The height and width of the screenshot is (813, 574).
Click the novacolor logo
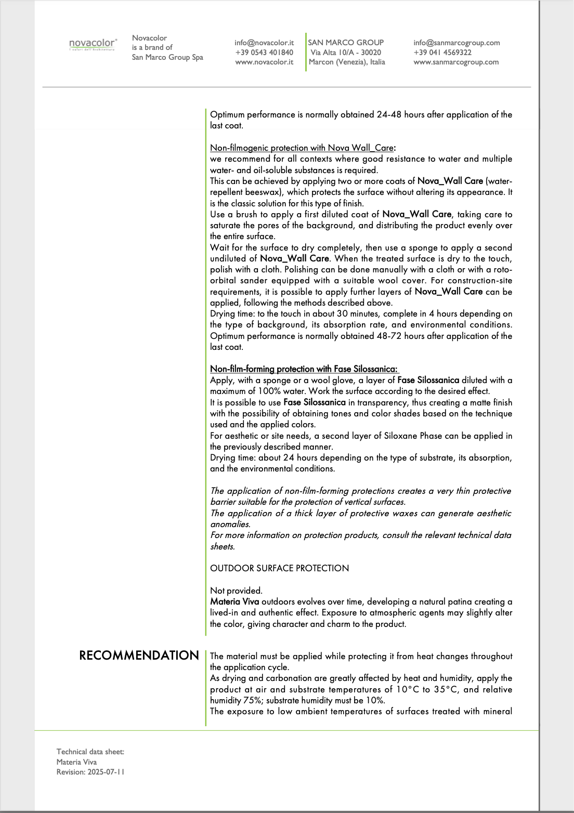pyautogui.click(x=93, y=44)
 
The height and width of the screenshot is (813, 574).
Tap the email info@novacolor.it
pyautogui.click(x=264, y=43)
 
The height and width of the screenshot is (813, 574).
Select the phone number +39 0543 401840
pyautogui.click(x=264, y=53)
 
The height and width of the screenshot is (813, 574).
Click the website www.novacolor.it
pyautogui.click(x=264, y=62)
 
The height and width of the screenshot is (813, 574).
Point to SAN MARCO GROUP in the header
pyautogui.click(x=346, y=43)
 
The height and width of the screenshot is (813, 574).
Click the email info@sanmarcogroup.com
pyautogui.click(x=456, y=43)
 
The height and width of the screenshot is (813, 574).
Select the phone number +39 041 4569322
pyautogui.click(x=442, y=53)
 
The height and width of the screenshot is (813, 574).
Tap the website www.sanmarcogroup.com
pyautogui.click(x=456, y=62)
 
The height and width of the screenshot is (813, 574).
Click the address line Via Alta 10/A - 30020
pyautogui.click(x=346, y=53)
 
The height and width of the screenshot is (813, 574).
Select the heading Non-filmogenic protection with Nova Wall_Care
pyautogui.click(x=303, y=148)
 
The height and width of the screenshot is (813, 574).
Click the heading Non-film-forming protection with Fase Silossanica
pyautogui.click(x=304, y=369)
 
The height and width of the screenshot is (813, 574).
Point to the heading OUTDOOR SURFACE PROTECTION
pyautogui.click(x=279, y=568)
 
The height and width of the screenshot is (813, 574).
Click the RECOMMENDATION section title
pyautogui.click(x=139, y=655)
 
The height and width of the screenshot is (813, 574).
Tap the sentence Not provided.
pyautogui.click(x=236, y=591)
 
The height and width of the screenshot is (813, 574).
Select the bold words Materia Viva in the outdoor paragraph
pyautogui.click(x=234, y=601)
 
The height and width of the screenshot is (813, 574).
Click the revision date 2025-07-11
pyautogui.click(x=106, y=772)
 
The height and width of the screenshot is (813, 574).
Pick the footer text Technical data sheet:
pyautogui.click(x=90, y=752)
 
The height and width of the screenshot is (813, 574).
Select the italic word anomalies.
pyautogui.click(x=230, y=524)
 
